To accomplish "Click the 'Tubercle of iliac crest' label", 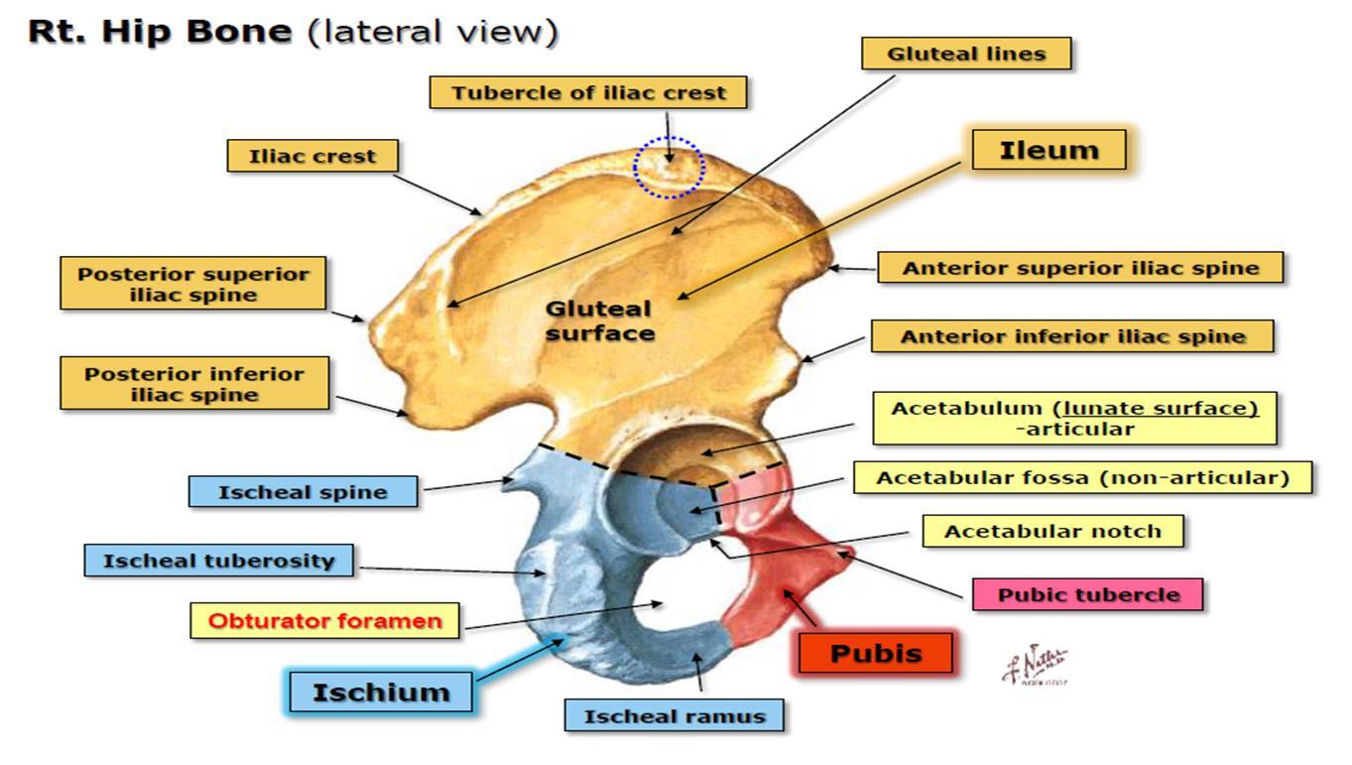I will pos(588,93).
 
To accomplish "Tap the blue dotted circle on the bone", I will pos(670,167).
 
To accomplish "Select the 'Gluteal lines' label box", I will pos(966,54).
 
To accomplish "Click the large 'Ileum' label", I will pos(1048,151).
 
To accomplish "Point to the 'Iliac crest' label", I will pos(313,157).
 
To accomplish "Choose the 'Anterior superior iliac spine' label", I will pos(1080,268).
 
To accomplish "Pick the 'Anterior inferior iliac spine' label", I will pos(1071,336).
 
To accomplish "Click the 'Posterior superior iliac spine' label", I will pos(193,284).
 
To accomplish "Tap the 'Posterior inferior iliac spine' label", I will pos(193,384).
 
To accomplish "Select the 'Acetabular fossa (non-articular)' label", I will pos(1082,478).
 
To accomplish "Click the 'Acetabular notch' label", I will pos(1052,531).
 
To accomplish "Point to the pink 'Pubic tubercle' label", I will pos(1088,595).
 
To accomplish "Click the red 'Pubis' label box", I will pos(876,654).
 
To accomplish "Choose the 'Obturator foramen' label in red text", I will pos(325,622).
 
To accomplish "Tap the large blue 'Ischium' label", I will pos(381,692).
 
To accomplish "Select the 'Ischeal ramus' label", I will pos(674,715).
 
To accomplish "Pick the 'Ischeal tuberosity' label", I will pos(220,561).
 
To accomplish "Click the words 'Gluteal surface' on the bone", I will pos(600,321).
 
